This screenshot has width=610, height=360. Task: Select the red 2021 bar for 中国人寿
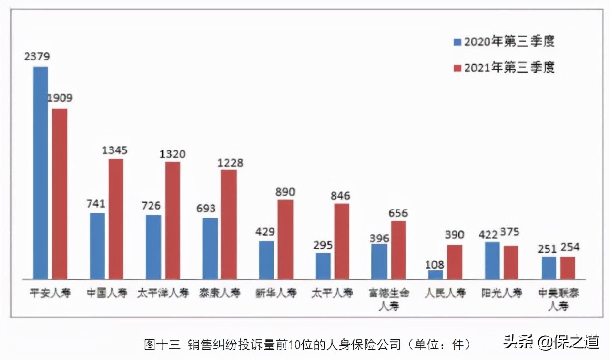pos(116,219)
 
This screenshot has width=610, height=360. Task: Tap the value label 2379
pos(36,56)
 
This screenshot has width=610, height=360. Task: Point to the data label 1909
pos(60,98)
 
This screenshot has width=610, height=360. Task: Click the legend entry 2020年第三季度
pos(504,41)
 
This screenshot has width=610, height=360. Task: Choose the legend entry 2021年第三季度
pos(504,67)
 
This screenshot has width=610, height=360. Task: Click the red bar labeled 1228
pos(229,224)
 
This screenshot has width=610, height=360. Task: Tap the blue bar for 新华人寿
pos(267,260)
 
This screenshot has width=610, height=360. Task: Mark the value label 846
pos(340,196)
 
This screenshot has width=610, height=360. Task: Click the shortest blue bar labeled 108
pos(435,274)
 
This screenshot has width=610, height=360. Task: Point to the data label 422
pos(488,235)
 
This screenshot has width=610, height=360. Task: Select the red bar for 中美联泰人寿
pos(568,268)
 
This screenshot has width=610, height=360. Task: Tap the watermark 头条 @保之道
pos(551,341)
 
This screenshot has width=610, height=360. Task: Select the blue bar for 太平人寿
pos(323,266)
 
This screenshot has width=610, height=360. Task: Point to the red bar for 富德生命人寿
pos(398,250)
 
